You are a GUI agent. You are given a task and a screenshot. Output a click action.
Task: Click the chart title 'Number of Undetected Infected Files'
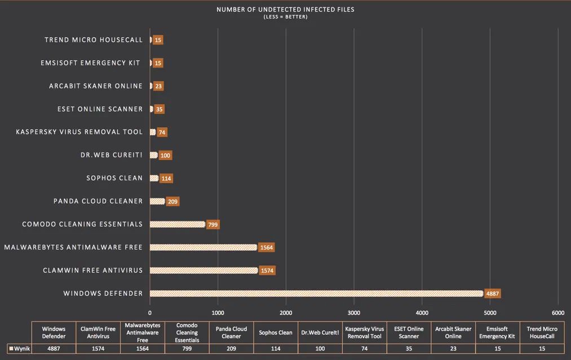tap(285, 10)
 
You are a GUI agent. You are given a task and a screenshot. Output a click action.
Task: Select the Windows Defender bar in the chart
tap(316, 294)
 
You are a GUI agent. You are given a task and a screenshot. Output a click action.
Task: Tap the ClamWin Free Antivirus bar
tap(203, 270)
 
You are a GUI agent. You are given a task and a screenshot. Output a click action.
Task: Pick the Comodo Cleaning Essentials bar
tap(177, 224)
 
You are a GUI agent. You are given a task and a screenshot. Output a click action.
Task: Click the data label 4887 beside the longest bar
tap(493, 294)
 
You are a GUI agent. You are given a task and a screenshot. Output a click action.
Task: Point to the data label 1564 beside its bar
tap(266, 247)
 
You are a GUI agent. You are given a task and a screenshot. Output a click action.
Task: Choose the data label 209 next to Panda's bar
tap(172, 201)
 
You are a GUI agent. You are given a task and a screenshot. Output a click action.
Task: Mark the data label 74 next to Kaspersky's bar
tap(162, 132)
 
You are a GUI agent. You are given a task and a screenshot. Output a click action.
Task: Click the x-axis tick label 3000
tap(354, 313)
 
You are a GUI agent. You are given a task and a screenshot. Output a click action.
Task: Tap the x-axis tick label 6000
tap(558, 313)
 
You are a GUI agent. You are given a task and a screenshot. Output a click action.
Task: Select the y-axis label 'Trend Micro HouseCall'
tap(94, 40)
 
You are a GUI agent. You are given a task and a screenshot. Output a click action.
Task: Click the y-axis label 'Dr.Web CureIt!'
tap(112, 155)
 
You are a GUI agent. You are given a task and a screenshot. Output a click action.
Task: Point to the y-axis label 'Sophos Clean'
tap(114, 178)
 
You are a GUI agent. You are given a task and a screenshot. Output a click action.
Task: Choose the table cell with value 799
tap(187, 349)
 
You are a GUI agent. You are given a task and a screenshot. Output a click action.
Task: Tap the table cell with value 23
tap(453, 349)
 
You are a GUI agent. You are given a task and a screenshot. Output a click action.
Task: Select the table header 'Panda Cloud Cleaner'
tap(232, 332)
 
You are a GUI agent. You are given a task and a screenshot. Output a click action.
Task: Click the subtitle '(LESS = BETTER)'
tap(285, 17)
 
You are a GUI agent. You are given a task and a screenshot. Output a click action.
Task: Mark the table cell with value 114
tap(276, 349)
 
